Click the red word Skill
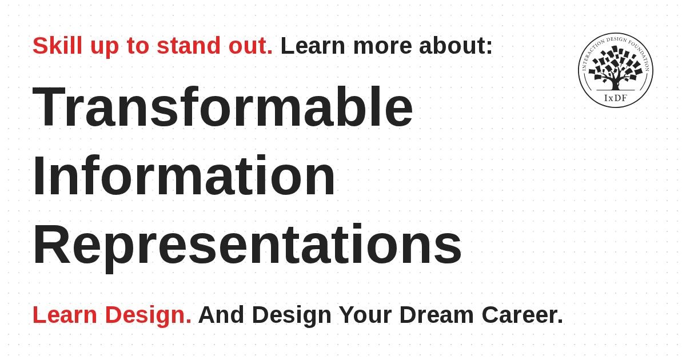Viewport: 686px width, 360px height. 57,46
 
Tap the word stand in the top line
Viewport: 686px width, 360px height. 189,46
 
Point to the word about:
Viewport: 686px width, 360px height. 456,46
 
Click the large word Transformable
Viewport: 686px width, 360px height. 222,106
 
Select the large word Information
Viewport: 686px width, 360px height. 184,175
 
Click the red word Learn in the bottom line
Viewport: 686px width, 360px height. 65,315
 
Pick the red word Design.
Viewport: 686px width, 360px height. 148,316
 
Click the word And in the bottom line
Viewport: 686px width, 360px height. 221,315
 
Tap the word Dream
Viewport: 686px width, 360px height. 437,315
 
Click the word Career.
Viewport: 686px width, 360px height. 523,315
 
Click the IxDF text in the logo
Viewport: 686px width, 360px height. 616,98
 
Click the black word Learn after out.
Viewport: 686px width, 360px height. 313,46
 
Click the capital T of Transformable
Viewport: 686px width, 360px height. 49,107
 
